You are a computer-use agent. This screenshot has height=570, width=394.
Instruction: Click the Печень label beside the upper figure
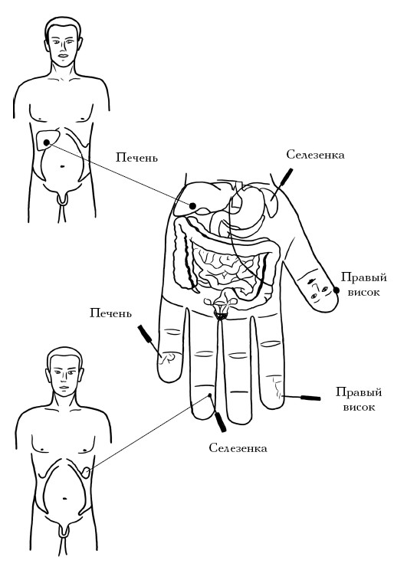pyautogui.click(x=136, y=158)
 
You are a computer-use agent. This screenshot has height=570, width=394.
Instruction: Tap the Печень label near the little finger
pyautogui.click(x=110, y=313)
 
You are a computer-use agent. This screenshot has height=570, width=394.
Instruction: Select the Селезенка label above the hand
pyautogui.click(x=315, y=155)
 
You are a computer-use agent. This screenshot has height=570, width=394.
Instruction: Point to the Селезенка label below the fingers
pyautogui.click(x=238, y=448)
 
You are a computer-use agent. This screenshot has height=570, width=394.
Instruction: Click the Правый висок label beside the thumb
pyautogui.click(x=363, y=285)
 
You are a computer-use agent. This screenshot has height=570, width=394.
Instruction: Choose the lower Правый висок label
pyautogui.click(x=359, y=399)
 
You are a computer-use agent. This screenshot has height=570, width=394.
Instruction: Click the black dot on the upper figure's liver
pyautogui.click(x=47, y=142)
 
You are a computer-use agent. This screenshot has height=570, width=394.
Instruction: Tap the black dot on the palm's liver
pyautogui.click(x=193, y=206)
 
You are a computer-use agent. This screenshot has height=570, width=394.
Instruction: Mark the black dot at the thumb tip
pyautogui.click(x=337, y=290)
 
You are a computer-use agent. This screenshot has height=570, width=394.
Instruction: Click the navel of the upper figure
pyautogui.click(x=62, y=167)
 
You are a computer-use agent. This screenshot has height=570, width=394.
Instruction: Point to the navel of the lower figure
pyautogui.click(x=64, y=498)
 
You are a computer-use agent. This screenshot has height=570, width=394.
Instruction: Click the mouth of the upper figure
pyautogui.click(x=64, y=56)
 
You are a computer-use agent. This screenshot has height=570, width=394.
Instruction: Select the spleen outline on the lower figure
pyautogui.click(x=86, y=472)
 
